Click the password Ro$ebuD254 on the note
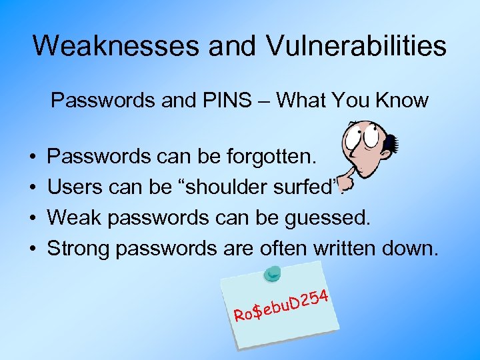(281, 304)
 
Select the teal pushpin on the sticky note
(273, 273)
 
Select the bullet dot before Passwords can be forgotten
(33, 157)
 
